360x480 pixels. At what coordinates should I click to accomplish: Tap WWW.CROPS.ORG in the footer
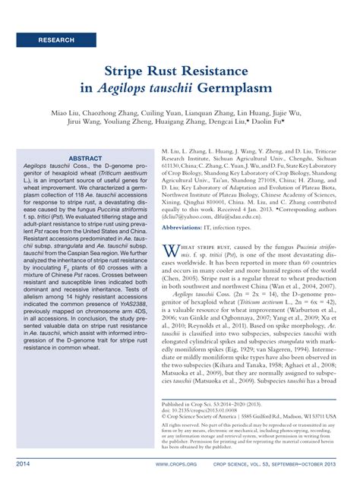click(x=172, y=463)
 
